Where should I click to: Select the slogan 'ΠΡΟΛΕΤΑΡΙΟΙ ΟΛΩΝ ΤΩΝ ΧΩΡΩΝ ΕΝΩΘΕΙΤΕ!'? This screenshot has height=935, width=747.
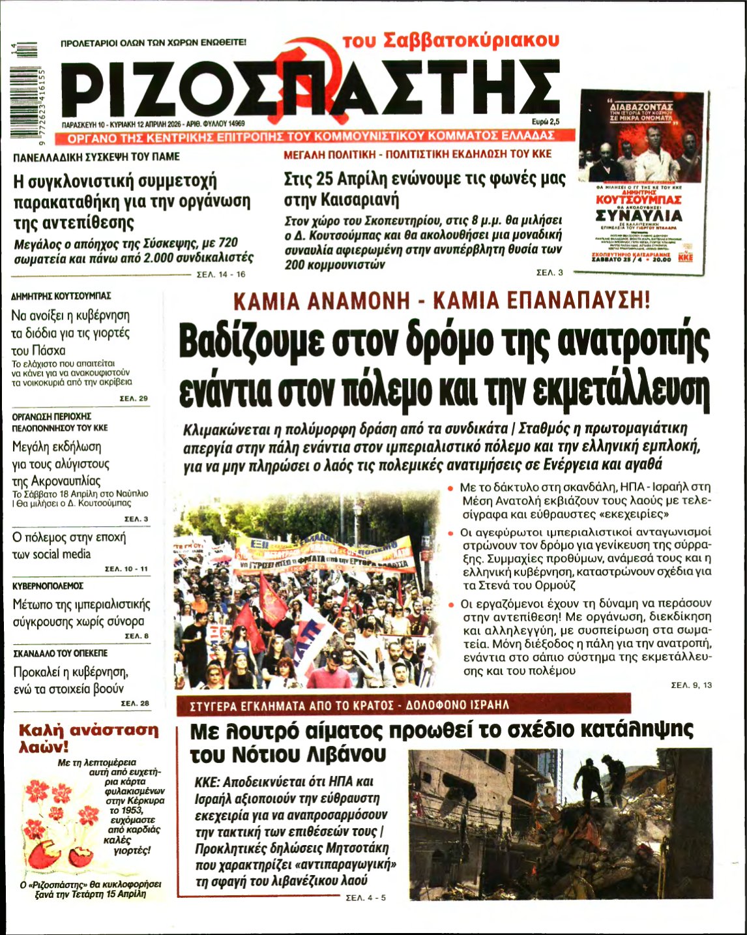153,43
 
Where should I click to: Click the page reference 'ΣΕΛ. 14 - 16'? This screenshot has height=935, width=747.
221,275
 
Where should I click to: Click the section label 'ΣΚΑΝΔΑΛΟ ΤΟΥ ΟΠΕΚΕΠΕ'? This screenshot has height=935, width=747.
60,653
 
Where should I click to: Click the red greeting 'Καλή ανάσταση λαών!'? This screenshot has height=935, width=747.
88,737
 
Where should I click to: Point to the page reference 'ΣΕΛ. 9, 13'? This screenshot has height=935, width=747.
692,685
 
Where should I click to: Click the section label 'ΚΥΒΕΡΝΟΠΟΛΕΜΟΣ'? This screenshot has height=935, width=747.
48,586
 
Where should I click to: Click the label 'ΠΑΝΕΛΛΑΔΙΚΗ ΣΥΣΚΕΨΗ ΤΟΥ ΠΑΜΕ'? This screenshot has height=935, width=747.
96,157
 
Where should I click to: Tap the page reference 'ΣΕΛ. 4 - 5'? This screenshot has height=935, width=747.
365,898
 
